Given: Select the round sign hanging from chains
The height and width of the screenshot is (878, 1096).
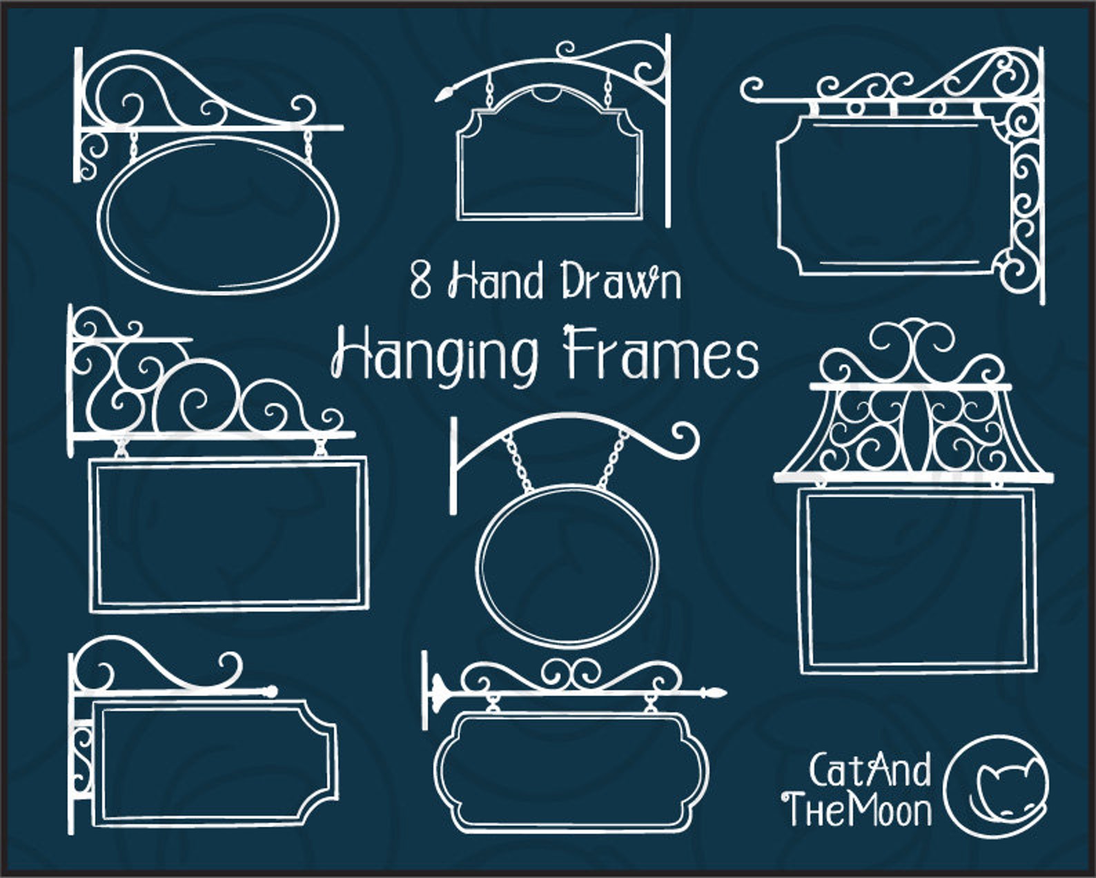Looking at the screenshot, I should pyautogui.click(x=569, y=566).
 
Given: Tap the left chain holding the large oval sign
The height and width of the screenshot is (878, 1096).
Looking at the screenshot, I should pyautogui.click(x=132, y=145).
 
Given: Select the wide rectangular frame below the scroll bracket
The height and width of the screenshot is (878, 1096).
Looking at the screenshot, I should pyautogui.click(x=228, y=534).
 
